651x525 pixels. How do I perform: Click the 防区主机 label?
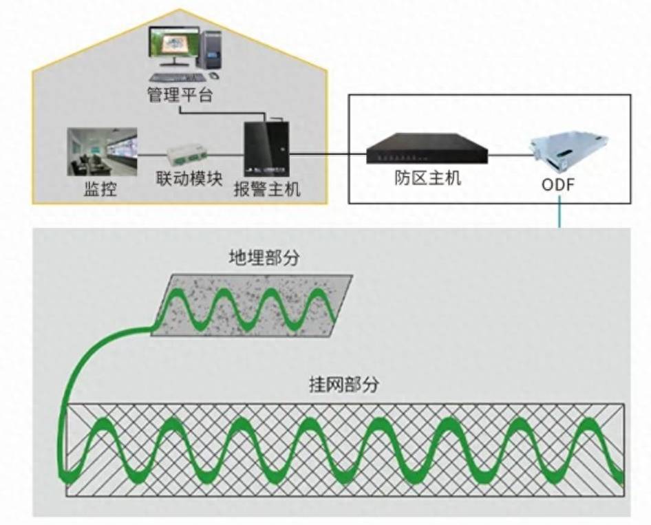[x=428, y=178]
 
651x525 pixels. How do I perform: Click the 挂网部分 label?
[x=343, y=385]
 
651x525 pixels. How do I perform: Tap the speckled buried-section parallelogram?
[x=251, y=306]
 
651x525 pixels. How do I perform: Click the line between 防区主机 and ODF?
[x=510, y=155]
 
